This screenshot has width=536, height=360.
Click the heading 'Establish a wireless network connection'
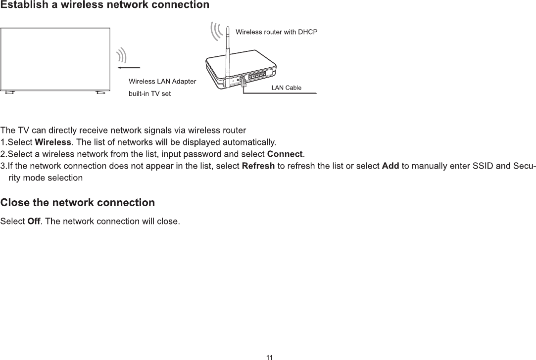tap(104, 5)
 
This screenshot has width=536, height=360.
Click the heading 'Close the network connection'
tap(78, 203)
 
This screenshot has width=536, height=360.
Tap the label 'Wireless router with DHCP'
tap(276, 32)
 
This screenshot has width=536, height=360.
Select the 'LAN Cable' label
tap(287, 88)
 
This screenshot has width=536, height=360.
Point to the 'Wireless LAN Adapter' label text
tap(162, 81)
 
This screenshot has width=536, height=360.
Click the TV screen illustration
tap(55, 58)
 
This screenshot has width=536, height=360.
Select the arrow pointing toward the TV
tap(129, 66)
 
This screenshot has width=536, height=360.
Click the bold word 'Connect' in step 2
tap(285, 153)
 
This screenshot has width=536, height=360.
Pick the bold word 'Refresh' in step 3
tap(258, 166)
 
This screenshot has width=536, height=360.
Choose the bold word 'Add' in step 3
tap(391, 166)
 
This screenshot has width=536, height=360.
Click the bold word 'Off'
tap(34, 221)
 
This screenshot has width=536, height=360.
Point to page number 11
tap(269, 357)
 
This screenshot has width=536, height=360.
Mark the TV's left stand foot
tap(9, 92)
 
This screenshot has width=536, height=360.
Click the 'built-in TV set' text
tap(149, 93)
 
